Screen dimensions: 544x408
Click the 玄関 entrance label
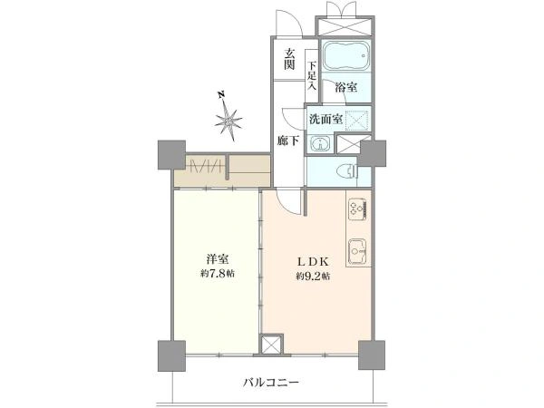point(289,59)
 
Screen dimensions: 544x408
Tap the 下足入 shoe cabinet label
point(312,76)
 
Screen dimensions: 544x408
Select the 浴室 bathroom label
point(346,87)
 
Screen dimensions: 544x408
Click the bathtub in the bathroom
point(345,56)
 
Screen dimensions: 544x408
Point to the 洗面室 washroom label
point(325,120)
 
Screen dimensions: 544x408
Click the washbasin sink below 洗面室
point(321,143)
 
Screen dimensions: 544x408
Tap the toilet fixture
point(347,171)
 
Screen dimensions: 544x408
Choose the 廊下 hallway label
point(288,141)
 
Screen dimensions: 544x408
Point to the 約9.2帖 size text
point(313,277)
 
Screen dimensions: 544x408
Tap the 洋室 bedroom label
point(218,259)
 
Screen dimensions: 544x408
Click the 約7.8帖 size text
point(218,274)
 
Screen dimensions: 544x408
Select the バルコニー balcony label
point(270,383)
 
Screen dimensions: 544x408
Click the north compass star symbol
point(228,121)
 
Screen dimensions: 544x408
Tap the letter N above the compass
point(220,94)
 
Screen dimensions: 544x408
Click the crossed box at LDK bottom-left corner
point(271,345)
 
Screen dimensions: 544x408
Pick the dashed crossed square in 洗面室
point(356,120)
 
